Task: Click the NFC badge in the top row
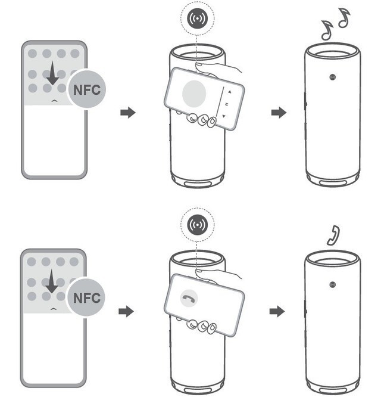(87, 89)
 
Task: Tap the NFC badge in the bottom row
(86, 297)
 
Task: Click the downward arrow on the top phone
(52, 73)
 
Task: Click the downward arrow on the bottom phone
(52, 281)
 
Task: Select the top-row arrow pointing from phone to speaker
(128, 113)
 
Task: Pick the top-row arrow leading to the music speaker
(279, 112)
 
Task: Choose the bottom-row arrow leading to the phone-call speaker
(277, 311)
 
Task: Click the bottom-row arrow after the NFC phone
(126, 311)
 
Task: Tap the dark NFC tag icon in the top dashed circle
(198, 18)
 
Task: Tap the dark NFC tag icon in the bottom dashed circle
(198, 225)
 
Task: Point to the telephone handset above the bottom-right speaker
(334, 235)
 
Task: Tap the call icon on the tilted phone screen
(189, 298)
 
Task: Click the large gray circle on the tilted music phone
(194, 94)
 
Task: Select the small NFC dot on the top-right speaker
(332, 77)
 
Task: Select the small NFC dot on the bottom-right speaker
(332, 284)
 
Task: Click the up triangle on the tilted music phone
(230, 92)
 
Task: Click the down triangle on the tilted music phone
(224, 116)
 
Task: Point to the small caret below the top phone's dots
(54, 101)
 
